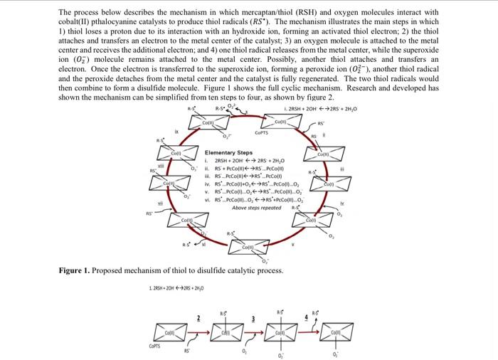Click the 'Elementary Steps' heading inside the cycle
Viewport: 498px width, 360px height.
pyautogui.click(x=228, y=153)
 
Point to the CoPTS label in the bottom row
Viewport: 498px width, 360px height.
pyautogui.click(x=147, y=346)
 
